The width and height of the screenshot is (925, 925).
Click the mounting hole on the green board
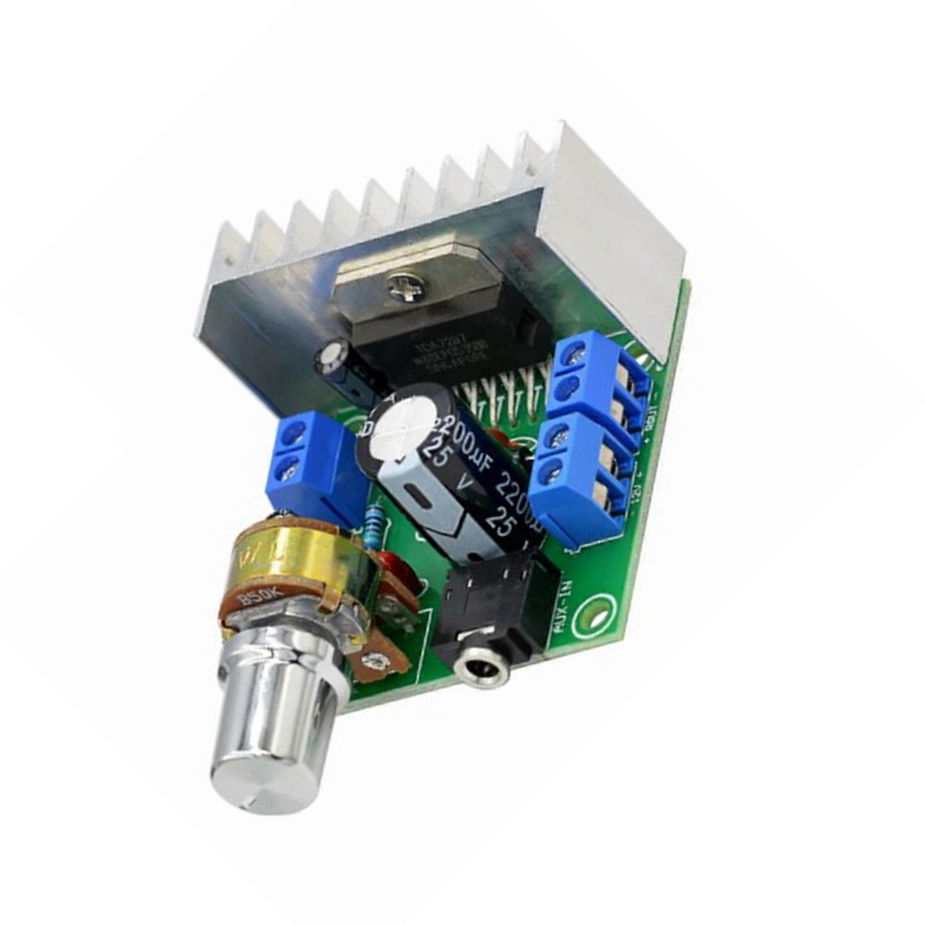tap(598, 612)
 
